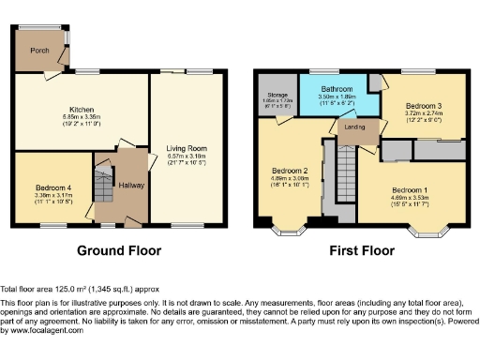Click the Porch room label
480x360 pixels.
pyautogui.click(x=38, y=51)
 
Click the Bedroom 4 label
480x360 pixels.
pyautogui.click(x=40, y=186)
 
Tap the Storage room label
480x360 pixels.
pyautogui.click(x=276, y=94)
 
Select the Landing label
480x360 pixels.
pyautogui.click(x=355, y=126)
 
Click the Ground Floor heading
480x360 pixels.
pyautogui.click(x=119, y=250)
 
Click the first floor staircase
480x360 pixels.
pyautogui.click(x=345, y=178)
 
